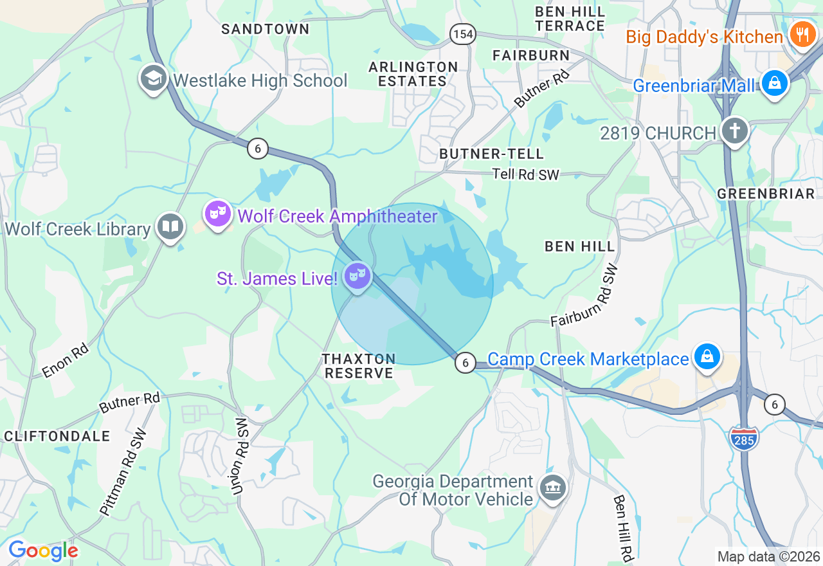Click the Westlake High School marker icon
(x=153, y=78)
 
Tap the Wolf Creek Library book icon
(x=170, y=226)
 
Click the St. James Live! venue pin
(x=357, y=276)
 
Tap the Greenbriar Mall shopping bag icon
(x=775, y=84)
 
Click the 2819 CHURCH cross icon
(x=735, y=131)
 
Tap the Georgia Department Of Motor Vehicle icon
(x=552, y=488)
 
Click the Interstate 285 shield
(x=744, y=438)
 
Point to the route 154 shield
(x=462, y=34)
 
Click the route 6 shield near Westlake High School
(x=257, y=149)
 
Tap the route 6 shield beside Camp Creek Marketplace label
(x=465, y=363)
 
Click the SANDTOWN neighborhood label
(x=266, y=29)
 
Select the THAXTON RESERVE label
(x=359, y=366)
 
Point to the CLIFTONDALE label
(x=57, y=436)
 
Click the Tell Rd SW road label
(x=525, y=174)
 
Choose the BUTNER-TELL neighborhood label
(x=492, y=154)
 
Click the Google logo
(x=43, y=551)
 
